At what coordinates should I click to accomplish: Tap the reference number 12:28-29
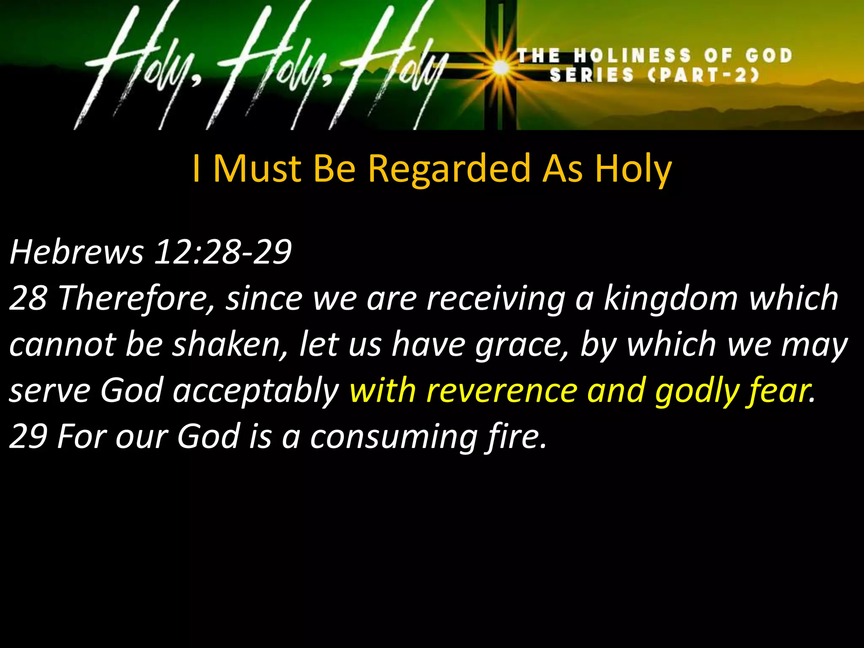[223, 252]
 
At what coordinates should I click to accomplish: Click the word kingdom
[670, 298]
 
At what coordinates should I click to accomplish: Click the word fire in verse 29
[516, 436]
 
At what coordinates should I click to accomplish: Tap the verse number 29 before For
[28, 436]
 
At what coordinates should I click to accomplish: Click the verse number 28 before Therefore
[28, 298]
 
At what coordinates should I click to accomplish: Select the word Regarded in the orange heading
[449, 169]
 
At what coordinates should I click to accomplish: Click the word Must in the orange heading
[257, 168]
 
